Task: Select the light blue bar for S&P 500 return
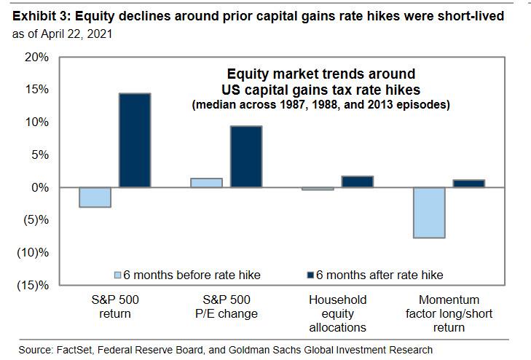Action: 95,197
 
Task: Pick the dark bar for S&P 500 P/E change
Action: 246,157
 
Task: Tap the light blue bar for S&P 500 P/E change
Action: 207,183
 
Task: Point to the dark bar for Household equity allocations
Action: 358,181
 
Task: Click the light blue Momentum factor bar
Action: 430,213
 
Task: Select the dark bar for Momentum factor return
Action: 469,184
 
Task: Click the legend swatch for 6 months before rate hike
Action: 118,275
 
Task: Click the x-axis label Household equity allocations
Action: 337,313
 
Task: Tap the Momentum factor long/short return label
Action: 449,313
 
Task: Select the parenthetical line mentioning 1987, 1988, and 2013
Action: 321,104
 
